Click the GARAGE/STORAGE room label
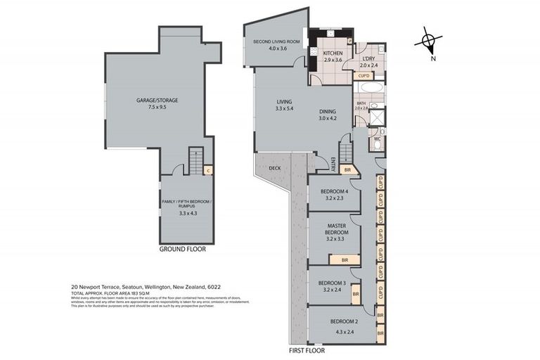[157, 101]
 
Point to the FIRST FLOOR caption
[307, 349]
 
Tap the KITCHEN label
[332, 53]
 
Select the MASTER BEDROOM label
[335, 229]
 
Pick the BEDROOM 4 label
[335, 191]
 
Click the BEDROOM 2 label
[342, 321]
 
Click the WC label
[377, 139]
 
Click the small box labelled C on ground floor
[208, 169]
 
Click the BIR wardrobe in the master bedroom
[345, 260]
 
